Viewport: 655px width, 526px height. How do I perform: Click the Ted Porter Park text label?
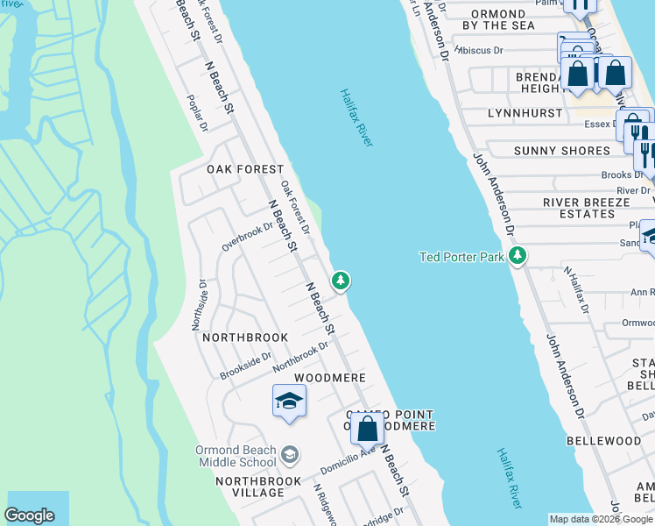pyautogui.click(x=461, y=257)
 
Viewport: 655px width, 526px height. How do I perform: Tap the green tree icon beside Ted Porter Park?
pyautogui.click(x=518, y=256)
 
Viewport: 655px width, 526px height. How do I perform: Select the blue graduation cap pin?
pyautogui.click(x=289, y=402)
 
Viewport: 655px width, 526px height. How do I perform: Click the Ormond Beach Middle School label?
pyautogui.click(x=236, y=456)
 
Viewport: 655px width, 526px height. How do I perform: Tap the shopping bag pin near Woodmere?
pyautogui.click(x=367, y=430)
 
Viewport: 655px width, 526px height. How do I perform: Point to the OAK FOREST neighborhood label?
pyautogui.click(x=245, y=169)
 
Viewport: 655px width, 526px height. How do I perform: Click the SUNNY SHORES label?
pyautogui.click(x=561, y=151)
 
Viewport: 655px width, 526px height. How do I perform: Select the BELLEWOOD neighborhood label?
pyautogui.click(x=603, y=440)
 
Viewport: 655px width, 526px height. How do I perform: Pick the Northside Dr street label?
pyautogui.click(x=198, y=304)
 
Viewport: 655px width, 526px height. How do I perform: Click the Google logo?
pyautogui.click(x=29, y=515)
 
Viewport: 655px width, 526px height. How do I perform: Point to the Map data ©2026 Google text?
pyautogui.click(x=601, y=519)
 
